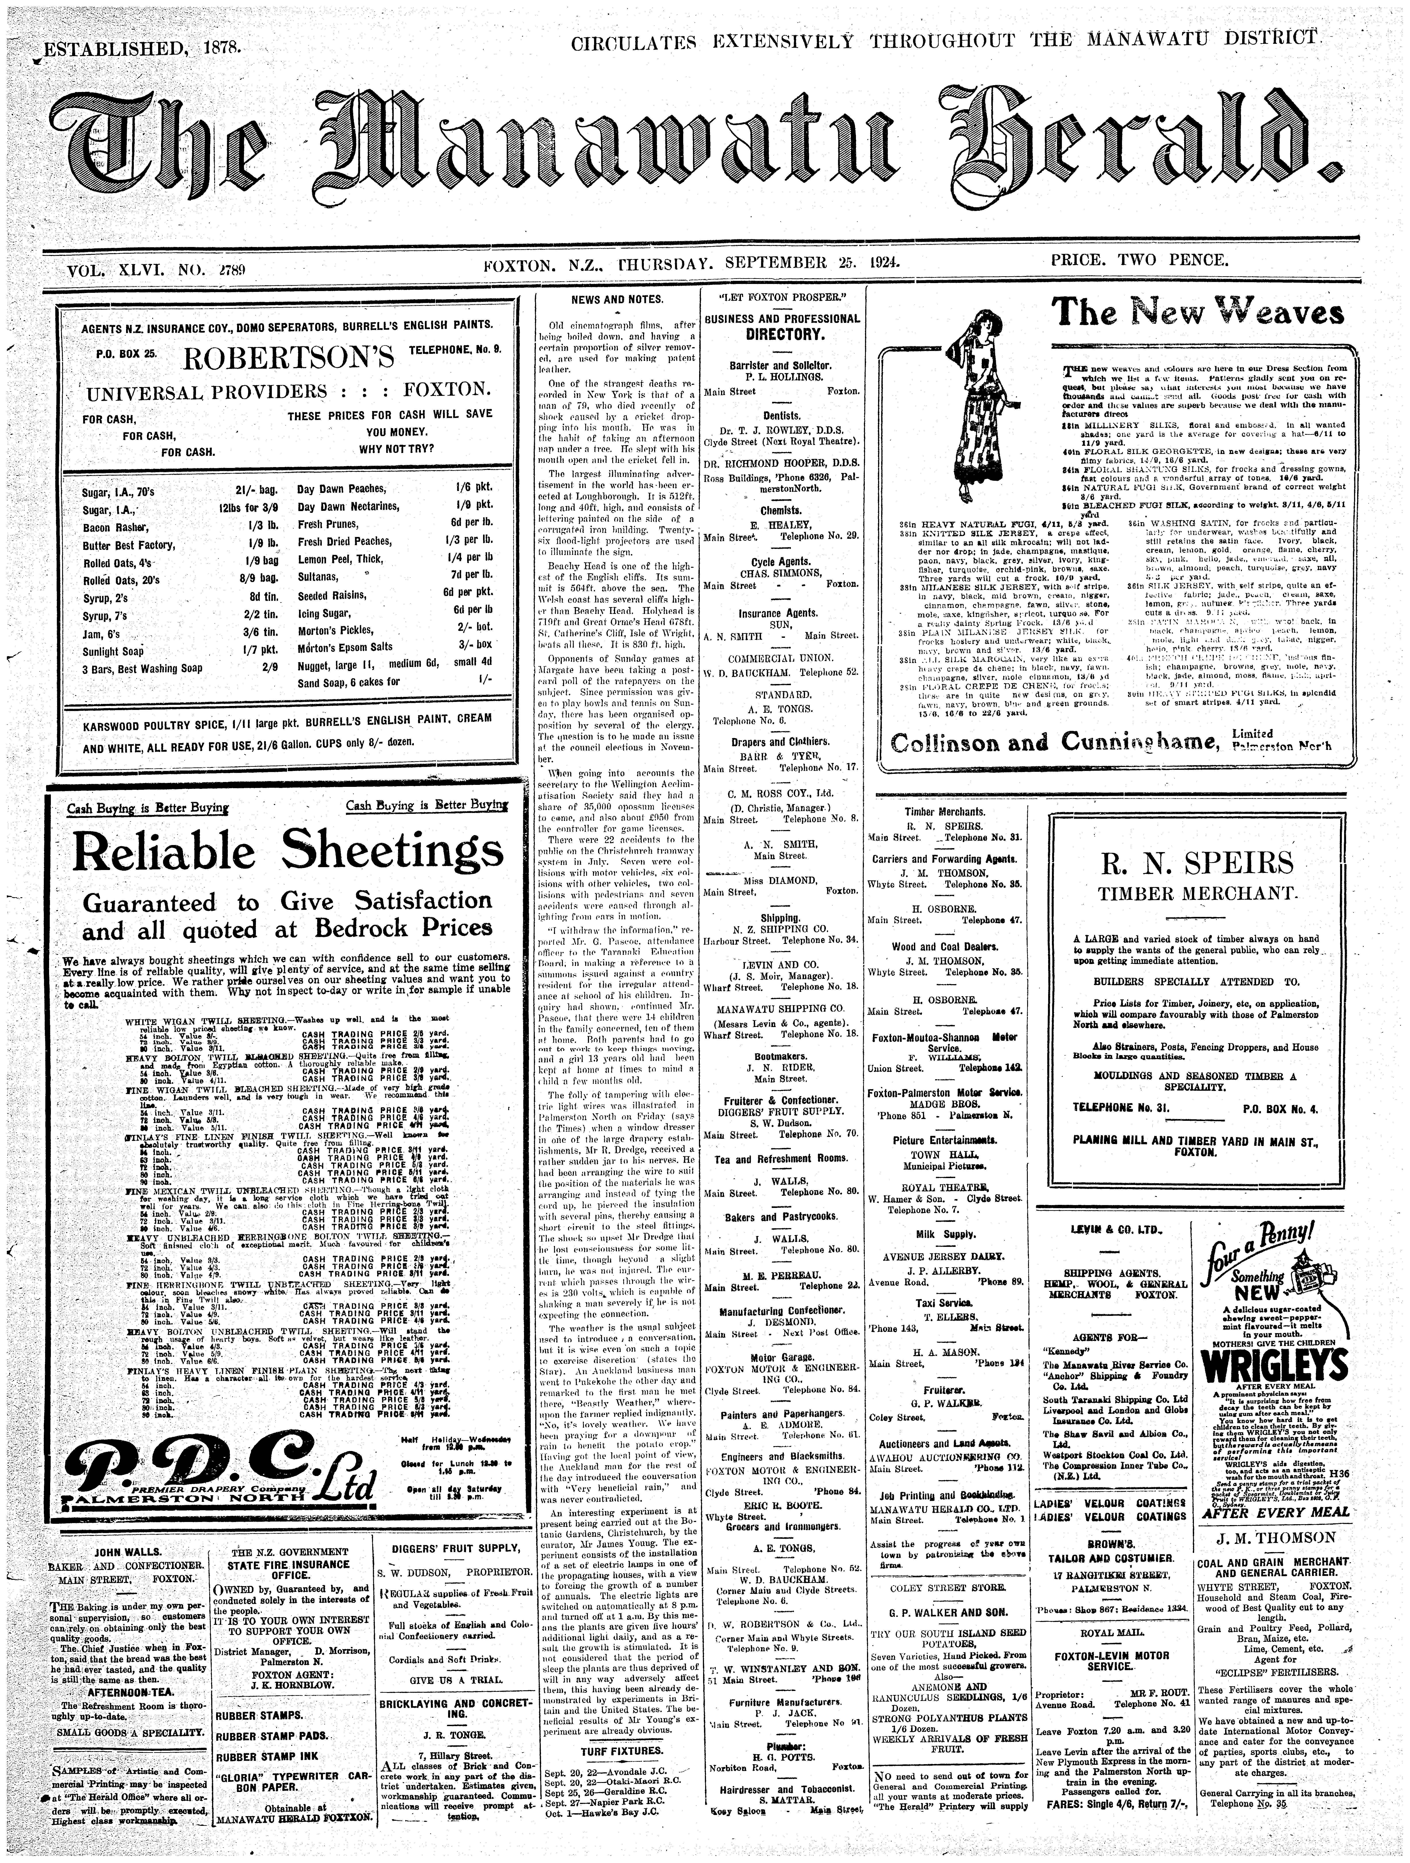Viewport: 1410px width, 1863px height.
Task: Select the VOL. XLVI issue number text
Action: pyautogui.click(x=156, y=271)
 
